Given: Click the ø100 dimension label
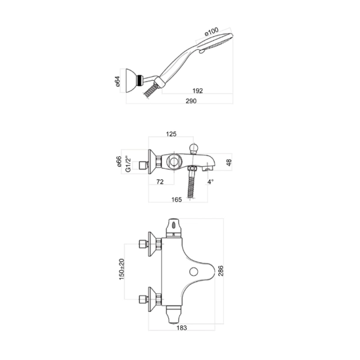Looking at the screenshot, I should [x=211, y=32].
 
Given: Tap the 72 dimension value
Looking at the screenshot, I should [x=159, y=183].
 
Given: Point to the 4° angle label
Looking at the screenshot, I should [x=210, y=182].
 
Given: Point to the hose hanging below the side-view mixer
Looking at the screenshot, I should [x=191, y=186].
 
